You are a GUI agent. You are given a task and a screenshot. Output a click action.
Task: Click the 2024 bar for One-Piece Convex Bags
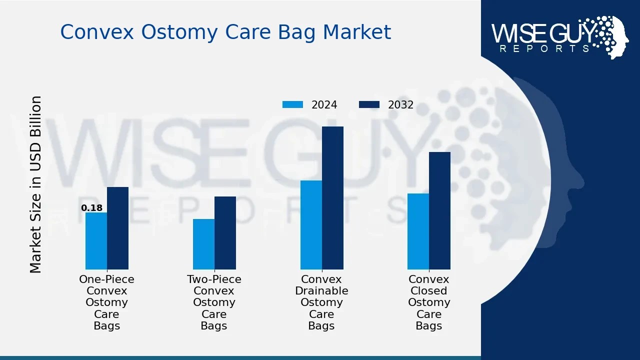[96, 241]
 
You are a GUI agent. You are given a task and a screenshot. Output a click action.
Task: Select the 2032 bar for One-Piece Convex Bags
[117, 228]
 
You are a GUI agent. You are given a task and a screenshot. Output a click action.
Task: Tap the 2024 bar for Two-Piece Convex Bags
[203, 244]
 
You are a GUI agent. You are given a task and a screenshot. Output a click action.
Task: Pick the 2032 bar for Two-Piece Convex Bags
[225, 233]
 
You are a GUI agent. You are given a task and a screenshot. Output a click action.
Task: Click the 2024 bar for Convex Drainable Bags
[311, 225]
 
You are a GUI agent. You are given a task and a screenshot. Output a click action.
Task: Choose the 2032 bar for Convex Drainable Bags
[332, 198]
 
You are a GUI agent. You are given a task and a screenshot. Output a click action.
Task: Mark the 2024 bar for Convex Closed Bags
[418, 231]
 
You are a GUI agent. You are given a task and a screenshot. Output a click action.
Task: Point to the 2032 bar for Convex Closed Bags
[439, 211]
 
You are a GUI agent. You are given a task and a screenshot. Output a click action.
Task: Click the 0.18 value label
[91, 207]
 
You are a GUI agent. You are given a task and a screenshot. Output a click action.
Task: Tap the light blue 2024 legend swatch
[292, 104]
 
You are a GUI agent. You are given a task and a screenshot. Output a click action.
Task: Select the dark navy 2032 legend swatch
[369, 104]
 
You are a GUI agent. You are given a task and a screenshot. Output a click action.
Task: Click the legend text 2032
[400, 105]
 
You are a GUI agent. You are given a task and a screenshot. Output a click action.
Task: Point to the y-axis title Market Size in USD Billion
[35, 184]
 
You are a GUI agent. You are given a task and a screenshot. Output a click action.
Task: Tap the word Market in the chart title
[357, 31]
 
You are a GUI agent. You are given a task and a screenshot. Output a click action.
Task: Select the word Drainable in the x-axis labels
[321, 290]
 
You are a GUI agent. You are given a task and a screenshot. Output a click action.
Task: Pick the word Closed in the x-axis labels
[429, 290]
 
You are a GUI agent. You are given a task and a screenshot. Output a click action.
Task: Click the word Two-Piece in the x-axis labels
[214, 279]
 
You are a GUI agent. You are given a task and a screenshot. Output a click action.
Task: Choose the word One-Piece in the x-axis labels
[106, 279]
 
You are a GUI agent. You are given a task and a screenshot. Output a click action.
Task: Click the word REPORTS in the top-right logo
[544, 48]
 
